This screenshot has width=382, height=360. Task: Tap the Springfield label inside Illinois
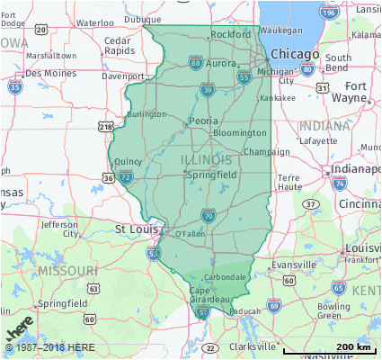point(211,174)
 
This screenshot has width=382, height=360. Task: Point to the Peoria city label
point(203,120)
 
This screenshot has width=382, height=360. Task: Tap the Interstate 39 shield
point(208,89)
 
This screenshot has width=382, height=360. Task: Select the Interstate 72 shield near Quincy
point(126,176)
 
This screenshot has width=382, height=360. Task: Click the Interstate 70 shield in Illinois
point(208,215)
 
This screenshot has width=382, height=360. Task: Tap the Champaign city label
point(267,152)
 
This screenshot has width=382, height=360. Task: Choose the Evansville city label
point(295,265)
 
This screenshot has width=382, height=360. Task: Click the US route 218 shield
point(106,127)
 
